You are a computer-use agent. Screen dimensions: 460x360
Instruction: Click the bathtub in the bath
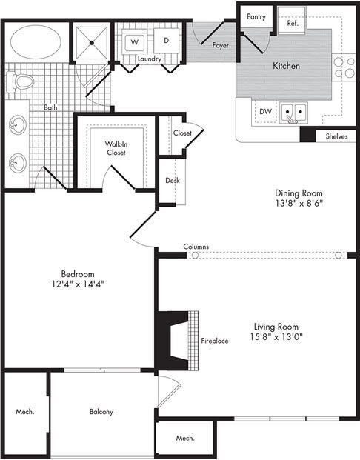click(x=36, y=42)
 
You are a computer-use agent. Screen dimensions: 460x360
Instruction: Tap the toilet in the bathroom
click(x=21, y=81)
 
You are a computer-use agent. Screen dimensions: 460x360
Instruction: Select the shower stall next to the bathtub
click(x=93, y=44)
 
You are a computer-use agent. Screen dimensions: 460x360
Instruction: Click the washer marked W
click(x=135, y=41)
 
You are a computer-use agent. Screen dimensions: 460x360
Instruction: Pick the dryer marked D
click(x=166, y=41)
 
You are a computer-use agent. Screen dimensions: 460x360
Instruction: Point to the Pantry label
click(x=256, y=16)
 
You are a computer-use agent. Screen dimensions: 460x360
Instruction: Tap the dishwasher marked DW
click(x=264, y=112)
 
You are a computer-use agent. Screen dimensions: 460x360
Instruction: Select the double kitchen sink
click(x=298, y=113)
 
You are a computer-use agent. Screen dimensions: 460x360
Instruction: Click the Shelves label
click(x=336, y=136)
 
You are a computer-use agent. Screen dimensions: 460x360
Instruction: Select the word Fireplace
click(x=215, y=341)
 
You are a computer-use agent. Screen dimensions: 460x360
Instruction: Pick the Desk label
click(x=173, y=180)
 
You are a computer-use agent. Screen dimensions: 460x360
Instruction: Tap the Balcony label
click(x=101, y=412)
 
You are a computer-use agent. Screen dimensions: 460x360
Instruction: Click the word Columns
click(x=196, y=247)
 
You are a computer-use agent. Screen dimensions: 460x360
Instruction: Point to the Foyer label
click(x=219, y=45)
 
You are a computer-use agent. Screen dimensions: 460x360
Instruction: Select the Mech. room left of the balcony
click(x=24, y=412)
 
